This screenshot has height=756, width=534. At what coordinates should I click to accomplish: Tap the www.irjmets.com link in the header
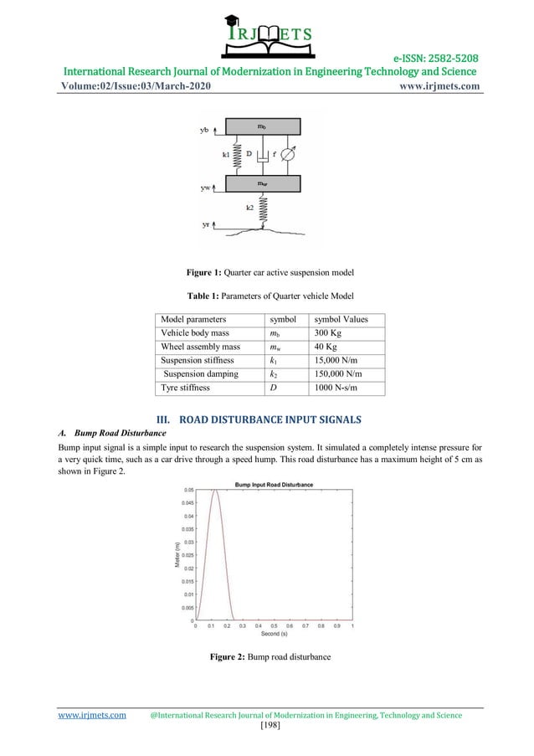coord(435,86)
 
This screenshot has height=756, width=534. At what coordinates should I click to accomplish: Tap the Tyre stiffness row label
coord(188,388)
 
